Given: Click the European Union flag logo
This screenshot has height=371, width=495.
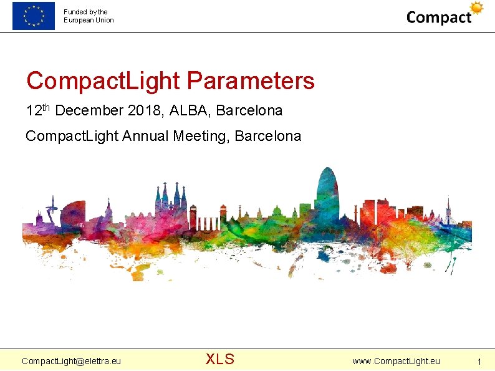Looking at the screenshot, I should point(33,16).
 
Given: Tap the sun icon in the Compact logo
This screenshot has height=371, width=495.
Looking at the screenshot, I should point(477,8).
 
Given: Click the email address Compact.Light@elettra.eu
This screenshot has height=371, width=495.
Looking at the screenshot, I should point(71,361).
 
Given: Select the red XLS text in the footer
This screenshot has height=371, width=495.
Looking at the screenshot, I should point(220,359).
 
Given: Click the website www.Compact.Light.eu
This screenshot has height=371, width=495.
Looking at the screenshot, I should point(396,361).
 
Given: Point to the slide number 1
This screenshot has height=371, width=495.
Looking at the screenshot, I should point(479,362).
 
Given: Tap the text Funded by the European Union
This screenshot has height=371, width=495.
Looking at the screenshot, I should point(89,16).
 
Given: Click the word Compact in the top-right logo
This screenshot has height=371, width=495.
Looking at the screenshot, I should point(439,17).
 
